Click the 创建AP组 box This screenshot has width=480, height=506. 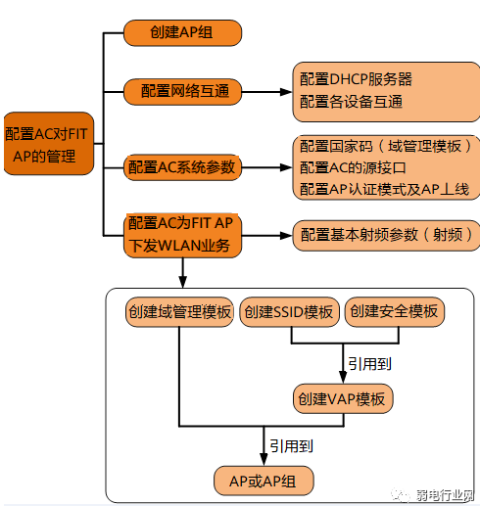coord(181,31)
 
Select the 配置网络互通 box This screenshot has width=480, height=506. coord(182,91)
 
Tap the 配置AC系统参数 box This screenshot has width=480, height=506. coord(182,167)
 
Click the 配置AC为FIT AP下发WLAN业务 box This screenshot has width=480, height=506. coord(182,234)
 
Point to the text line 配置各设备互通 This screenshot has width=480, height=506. coord(351,102)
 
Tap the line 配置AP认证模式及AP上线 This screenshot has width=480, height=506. coord(384,189)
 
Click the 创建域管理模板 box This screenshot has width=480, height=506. coord(179,312)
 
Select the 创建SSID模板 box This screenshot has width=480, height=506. coord(289,312)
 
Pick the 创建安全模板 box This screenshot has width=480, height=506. coord(393,312)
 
